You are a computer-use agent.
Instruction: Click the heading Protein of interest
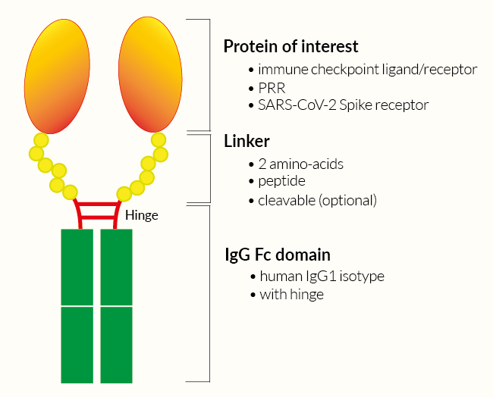290,46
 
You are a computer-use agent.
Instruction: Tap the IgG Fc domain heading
277,255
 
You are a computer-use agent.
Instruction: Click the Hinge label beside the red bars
142,216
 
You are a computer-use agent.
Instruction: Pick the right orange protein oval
151,73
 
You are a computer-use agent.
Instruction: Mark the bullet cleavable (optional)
317,201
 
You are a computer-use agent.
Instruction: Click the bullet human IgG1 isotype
322,277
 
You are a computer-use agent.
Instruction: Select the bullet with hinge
291,295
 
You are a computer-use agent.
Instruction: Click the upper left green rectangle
77,267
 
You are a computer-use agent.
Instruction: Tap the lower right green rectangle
117,345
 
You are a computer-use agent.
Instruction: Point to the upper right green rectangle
117,267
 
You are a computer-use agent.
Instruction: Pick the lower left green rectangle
77,345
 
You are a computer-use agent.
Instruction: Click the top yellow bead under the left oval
40,140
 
